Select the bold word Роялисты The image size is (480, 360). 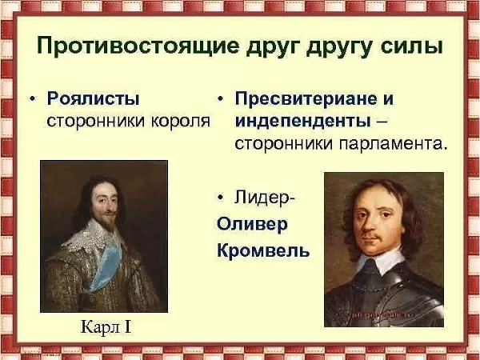[x=94, y=99]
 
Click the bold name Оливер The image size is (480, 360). [x=252, y=223]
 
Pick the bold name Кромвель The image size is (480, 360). [x=263, y=250]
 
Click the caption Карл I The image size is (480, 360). [x=102, y=327]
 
